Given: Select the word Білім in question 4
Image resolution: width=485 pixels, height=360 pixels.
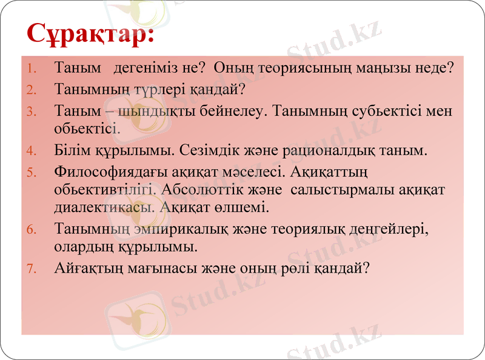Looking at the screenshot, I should (70, 149).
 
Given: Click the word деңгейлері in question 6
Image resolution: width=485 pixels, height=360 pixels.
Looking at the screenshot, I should (386, 229).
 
